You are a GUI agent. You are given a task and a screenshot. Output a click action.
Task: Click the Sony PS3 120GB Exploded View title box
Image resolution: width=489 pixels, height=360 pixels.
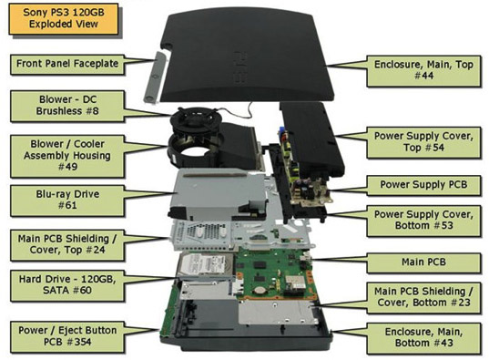tap(64, 18)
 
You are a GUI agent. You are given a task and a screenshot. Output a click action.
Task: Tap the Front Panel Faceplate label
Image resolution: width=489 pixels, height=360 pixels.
tap(67, 64)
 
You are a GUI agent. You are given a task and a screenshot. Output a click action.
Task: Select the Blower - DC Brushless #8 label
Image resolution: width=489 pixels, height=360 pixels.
tap(67, 105)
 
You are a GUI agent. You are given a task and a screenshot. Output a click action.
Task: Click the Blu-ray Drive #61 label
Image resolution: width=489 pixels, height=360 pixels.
tap(67, 200)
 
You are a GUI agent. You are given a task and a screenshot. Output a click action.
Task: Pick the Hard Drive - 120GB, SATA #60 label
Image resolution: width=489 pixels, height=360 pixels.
tap(67, 284)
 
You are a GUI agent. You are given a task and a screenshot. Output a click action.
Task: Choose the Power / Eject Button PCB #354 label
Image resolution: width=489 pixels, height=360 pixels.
tap(67, 336)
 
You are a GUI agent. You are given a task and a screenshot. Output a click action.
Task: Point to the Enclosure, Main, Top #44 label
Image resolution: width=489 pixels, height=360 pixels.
tap(423, 70)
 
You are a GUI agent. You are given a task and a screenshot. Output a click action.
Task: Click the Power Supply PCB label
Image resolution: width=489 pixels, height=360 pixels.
tap(423, 185)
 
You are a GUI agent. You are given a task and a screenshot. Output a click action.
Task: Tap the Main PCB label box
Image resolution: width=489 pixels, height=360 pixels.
tap(423, 262)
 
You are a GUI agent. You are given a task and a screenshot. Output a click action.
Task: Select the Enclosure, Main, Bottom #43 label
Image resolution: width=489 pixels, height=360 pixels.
tap(423, 337)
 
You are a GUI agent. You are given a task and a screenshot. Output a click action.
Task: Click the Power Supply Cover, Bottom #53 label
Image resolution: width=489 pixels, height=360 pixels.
tap(423, 221)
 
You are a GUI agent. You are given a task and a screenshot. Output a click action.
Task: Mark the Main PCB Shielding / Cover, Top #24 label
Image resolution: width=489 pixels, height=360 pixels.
tap(67, 244)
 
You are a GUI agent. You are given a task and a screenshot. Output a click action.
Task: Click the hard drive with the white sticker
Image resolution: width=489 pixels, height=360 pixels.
tap(206, 265)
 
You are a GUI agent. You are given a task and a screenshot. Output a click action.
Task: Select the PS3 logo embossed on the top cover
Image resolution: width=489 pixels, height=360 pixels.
tap(239, 67)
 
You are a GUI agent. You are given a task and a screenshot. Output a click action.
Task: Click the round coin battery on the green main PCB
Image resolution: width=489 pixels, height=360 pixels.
tap(259, 291)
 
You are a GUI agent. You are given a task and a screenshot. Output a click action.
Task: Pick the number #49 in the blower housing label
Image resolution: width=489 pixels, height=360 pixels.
tap(67, 167)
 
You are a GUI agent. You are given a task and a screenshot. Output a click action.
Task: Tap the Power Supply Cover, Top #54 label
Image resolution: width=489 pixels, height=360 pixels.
tap(423, 142)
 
